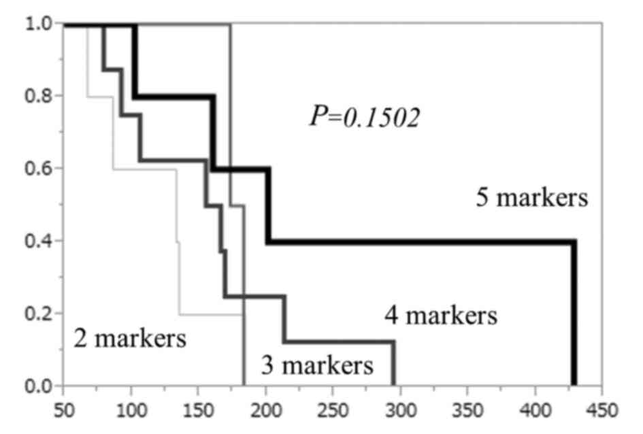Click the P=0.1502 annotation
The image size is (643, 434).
(365, 117)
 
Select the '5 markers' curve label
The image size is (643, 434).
(531, 199)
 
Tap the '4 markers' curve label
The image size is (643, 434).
(440, 316)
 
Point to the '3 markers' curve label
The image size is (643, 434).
(317, 366)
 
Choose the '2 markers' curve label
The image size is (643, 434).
(129, 338)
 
